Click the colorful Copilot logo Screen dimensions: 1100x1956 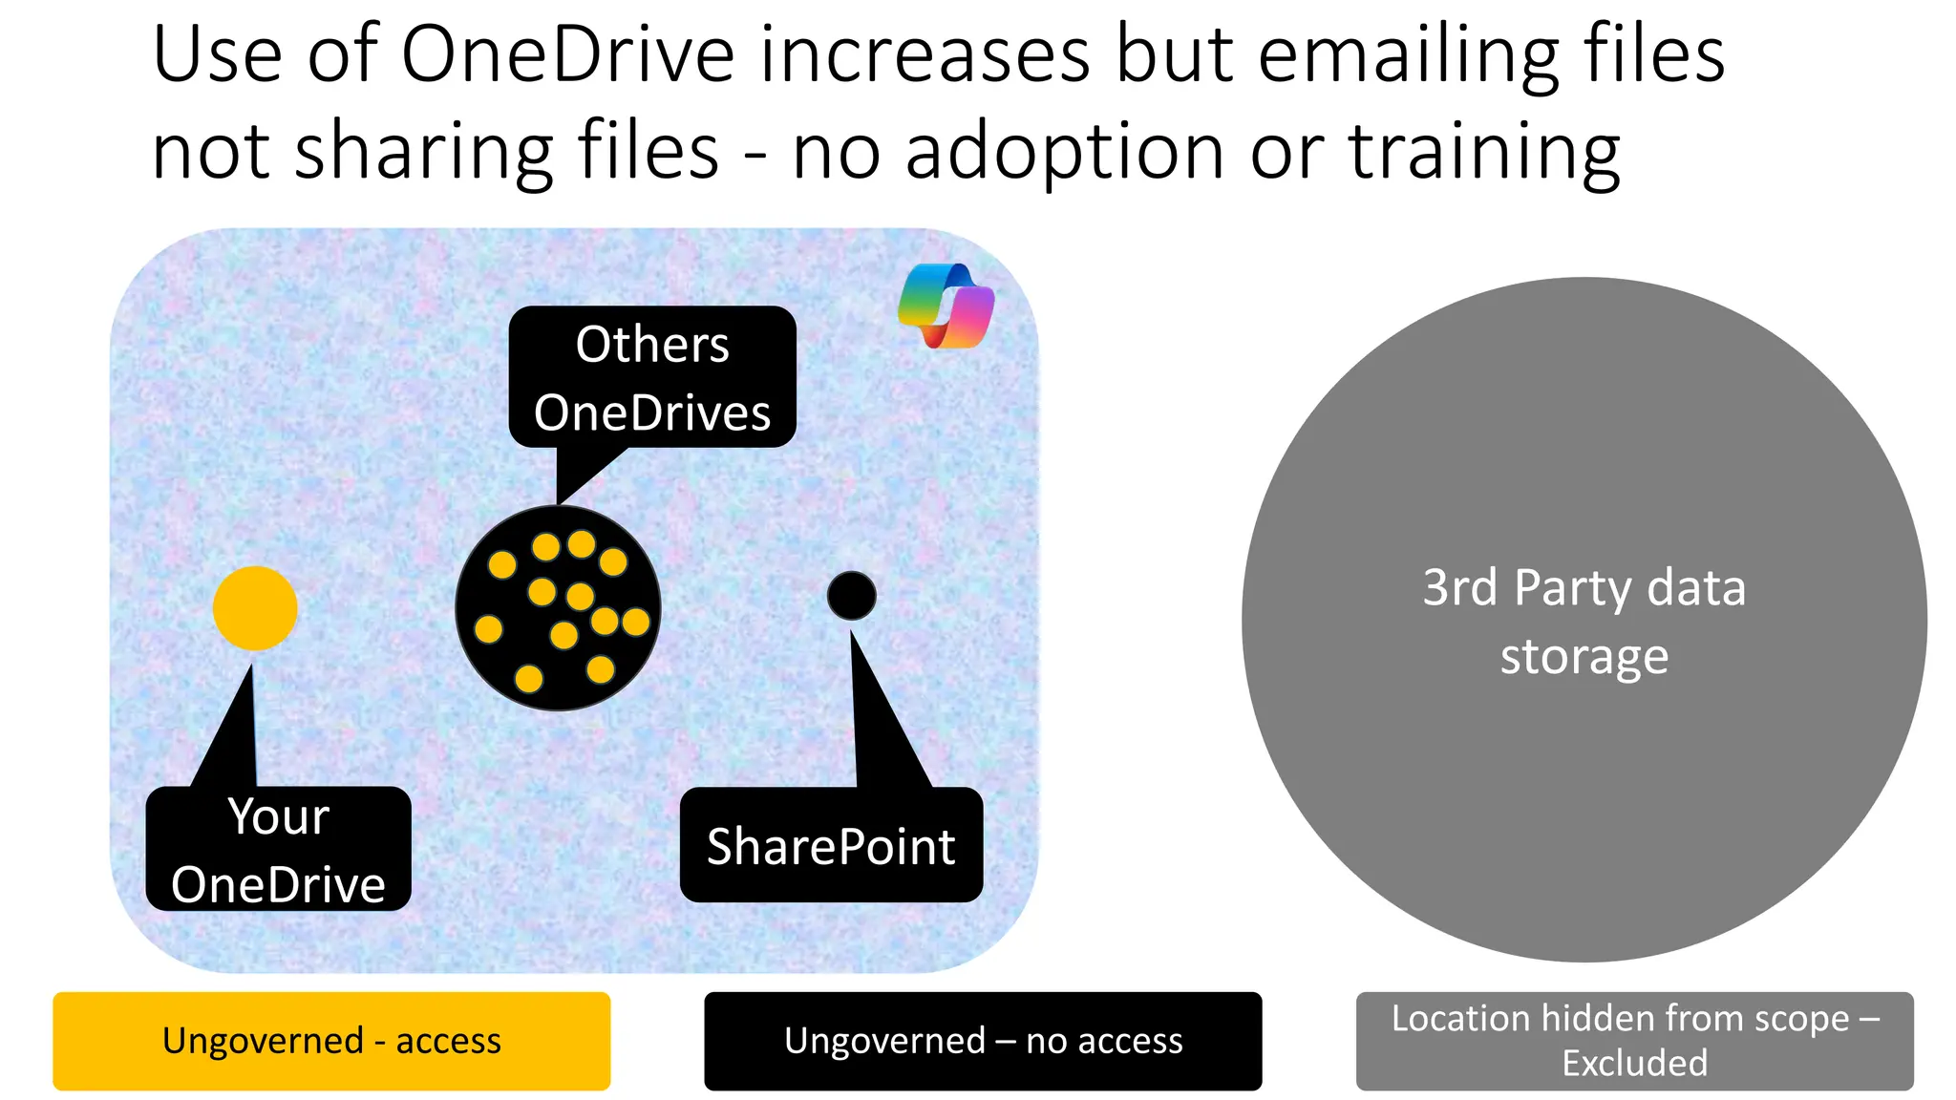tap(946, 306)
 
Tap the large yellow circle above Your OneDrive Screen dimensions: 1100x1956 tap(255, 608)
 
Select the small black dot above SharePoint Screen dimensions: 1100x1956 tap(851, 596)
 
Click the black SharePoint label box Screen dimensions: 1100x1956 tap(831, 846)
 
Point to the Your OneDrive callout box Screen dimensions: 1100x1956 tap(278, 849)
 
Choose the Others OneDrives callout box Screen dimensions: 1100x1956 tap(652, 377)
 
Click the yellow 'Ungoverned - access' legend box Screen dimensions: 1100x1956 tap(331, 1041)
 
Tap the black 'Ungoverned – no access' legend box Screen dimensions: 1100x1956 tap(983, 1041)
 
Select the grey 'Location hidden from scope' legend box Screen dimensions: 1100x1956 tap(1634, 1041)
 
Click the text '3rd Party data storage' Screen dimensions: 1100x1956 tap(1584, 621)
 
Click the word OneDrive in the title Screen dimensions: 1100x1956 tap(567, 54)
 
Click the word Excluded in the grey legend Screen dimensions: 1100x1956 tap(1634, 1063)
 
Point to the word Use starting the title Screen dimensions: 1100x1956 tap(217, 54)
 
